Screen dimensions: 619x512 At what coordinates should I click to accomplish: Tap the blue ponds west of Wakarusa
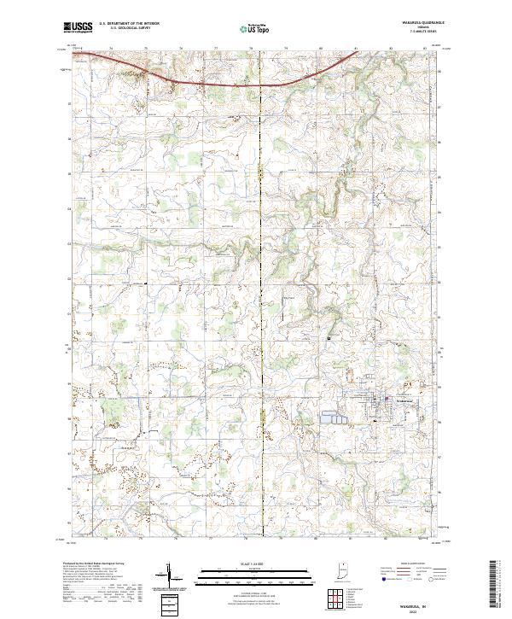[335, 418]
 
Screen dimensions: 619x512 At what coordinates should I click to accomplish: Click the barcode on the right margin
[497, 586]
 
